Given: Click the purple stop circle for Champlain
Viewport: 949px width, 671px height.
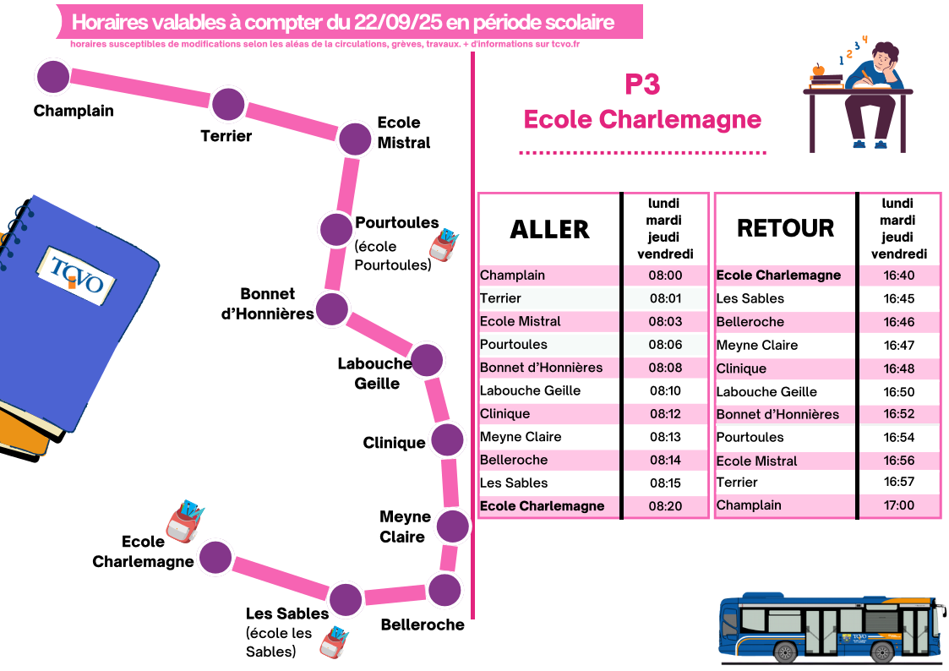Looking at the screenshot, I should [53, 76].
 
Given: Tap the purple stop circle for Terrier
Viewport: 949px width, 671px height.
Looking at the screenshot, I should [228, 105].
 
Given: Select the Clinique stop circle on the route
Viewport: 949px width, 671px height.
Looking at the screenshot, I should [447, 440].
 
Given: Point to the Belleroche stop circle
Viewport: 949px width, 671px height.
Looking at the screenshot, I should [445, 590].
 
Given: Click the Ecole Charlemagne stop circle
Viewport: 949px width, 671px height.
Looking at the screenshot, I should [215, 557].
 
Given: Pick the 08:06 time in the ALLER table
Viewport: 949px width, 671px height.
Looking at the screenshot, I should [664, 345].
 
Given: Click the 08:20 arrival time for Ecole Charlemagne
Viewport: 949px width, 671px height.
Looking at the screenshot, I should [664, 506].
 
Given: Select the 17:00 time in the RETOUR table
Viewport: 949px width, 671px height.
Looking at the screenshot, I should [898, 505].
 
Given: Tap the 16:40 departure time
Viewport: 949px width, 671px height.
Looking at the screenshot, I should [898, 275].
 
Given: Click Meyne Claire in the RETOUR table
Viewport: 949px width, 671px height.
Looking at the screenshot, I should [756, 345].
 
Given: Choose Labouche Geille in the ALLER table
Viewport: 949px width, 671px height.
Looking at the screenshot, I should [530, 390].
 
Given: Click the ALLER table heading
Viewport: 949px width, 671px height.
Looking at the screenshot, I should [549, 229].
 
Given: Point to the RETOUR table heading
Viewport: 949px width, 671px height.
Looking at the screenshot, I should [785, 228].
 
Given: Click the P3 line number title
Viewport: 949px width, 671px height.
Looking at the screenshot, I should [642, 85].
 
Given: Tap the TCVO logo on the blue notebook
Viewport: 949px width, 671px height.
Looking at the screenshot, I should [76, 274].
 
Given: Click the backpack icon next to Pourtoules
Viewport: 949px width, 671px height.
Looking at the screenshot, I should [444, 245].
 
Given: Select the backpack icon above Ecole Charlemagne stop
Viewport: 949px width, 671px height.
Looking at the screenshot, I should [186, 520].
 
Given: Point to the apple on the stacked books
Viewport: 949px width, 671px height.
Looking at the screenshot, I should [818, 69].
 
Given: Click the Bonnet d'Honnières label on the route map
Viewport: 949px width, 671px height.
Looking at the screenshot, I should [268, 303].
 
